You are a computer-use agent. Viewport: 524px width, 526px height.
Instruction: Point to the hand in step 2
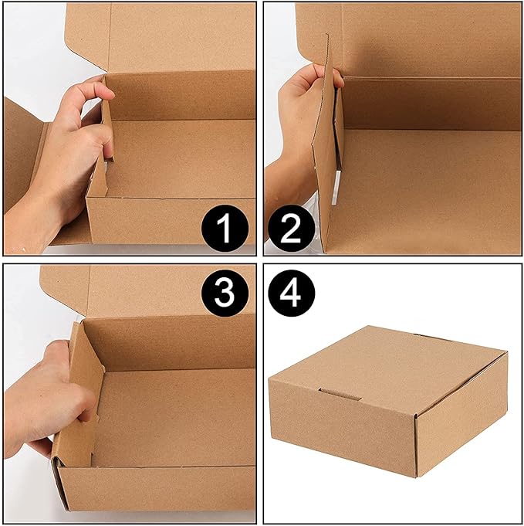[297, 116]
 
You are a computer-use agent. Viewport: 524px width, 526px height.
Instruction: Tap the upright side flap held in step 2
[327, 154]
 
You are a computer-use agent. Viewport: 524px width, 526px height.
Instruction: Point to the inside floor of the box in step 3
[177, 417]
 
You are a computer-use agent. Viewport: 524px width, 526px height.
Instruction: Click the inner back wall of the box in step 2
[432, 104]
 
